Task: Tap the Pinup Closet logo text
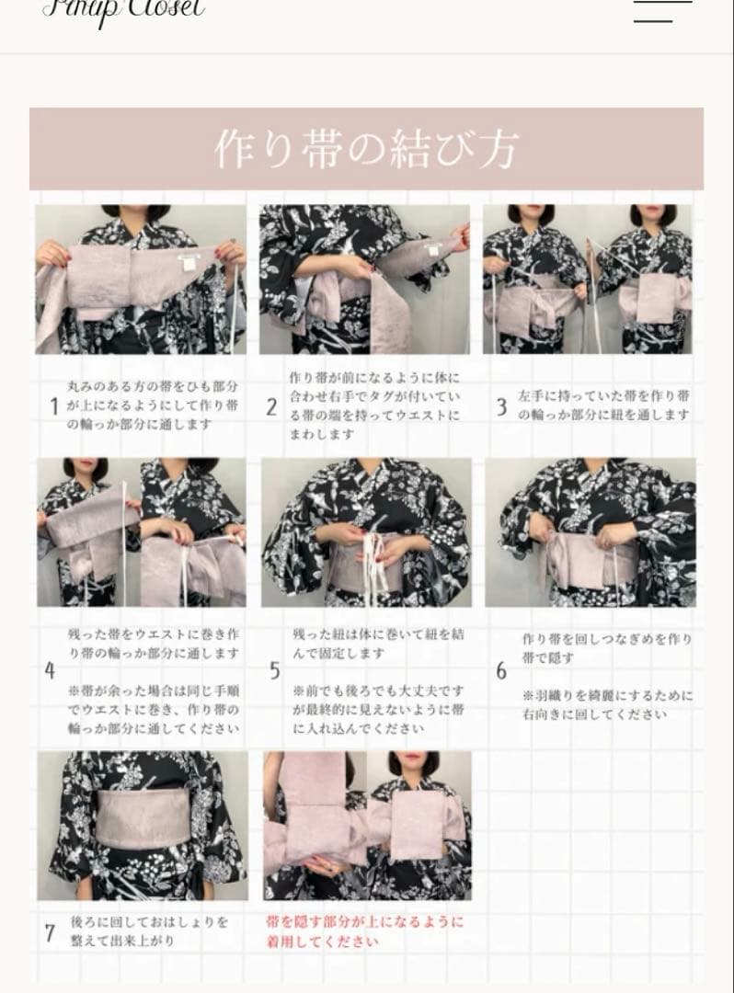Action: pos(123,9)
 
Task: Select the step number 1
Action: pos(54,406)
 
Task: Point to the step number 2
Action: pos(271,407)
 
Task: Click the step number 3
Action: pos(501,407)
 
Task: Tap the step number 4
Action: pos(50,671)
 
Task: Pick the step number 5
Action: pos(274,671)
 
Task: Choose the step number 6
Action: pos(501,671)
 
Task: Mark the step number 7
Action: pos(50,932)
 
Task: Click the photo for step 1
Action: pos(141,279)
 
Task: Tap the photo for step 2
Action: pos(364,279)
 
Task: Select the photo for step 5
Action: pos(366,531)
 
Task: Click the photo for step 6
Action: pos(591,531)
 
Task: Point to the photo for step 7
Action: pos(143,825)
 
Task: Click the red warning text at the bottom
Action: pos(365,930)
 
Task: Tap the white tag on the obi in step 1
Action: pos(191,263)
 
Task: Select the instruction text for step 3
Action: pos(603,405)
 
